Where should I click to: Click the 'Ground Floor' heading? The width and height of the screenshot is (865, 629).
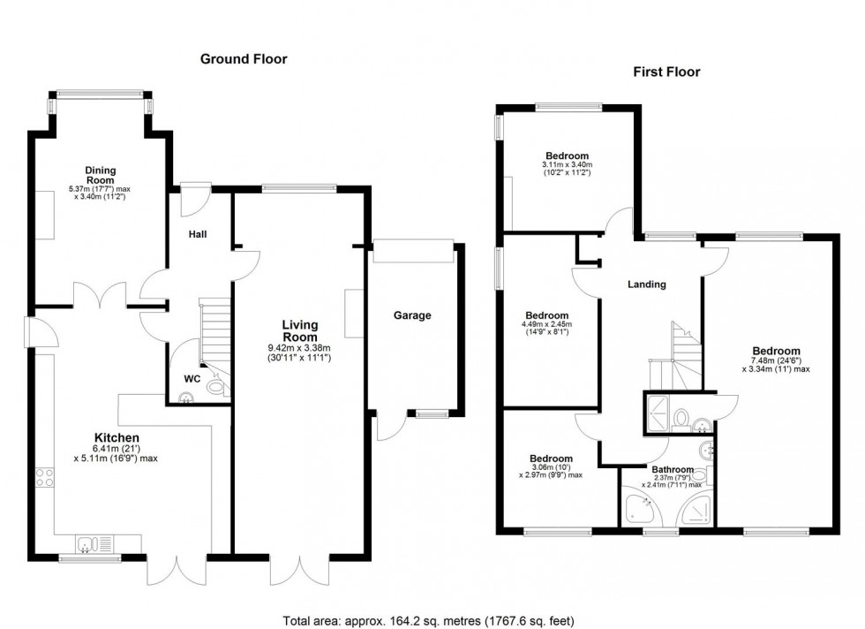coord(244,59)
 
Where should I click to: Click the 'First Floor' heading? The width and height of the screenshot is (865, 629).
coord(666,72)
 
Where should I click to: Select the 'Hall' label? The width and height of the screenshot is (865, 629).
coord(197,235)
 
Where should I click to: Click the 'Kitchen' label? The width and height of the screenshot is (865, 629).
coord(117,437)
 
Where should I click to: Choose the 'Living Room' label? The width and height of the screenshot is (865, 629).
coord(299,331)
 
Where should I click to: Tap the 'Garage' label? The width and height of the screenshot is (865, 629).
coord(412,315)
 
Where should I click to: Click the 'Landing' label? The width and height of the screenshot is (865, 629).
coord(646,284)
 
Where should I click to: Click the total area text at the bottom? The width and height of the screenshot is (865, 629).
coord(432,620)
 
